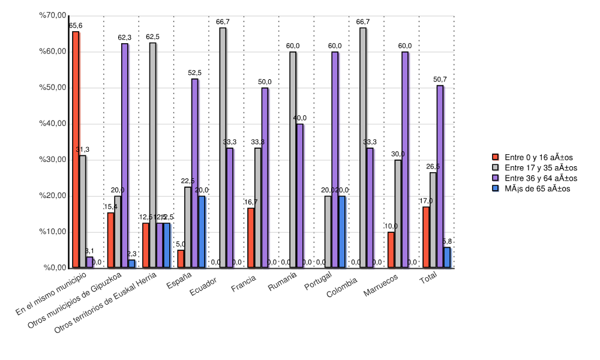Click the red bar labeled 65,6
76,149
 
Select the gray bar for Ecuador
223,148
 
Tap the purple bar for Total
440,176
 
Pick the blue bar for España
202,232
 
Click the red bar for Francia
251,238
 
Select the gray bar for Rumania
293,160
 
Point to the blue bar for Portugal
342,232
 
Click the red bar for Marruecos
391,250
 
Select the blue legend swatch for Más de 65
496,188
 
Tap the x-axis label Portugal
318,283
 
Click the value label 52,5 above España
194,73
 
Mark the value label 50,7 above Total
440,80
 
